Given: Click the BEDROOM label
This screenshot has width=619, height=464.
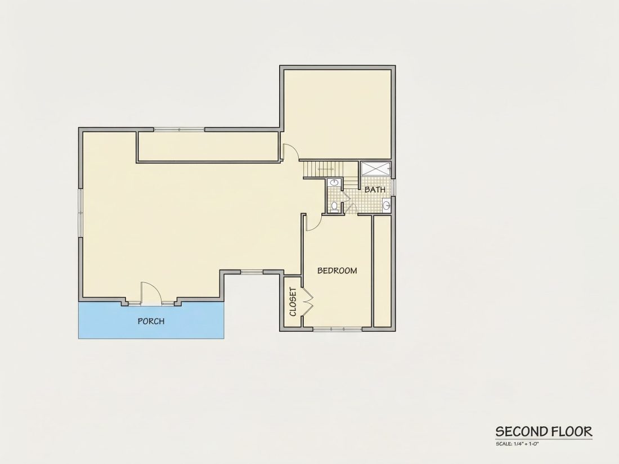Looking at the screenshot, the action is [337, 271].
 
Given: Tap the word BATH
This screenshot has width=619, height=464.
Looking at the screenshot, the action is [375, 190].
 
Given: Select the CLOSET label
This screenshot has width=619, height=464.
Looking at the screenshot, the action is [293, 302].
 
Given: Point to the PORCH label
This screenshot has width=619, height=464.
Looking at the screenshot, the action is [151, 321].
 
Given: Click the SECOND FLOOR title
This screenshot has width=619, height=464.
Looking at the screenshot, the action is [544, 431].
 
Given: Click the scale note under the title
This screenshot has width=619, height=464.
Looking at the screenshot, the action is [517, 444].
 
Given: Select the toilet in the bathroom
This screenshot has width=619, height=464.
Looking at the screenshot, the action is [334, 206].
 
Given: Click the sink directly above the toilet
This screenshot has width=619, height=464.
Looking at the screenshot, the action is [335, 183].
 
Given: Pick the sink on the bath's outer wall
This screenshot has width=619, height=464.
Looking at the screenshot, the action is [387, 205].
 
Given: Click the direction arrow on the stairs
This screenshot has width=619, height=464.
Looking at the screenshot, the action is [326, 169].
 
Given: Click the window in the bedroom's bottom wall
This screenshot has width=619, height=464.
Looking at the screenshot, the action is [337, 328].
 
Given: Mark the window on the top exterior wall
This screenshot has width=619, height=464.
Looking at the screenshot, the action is [179, 129].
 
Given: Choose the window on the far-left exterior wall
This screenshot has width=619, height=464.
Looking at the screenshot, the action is [80, 213].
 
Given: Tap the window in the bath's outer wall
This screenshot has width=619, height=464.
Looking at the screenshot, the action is [393, 188].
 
